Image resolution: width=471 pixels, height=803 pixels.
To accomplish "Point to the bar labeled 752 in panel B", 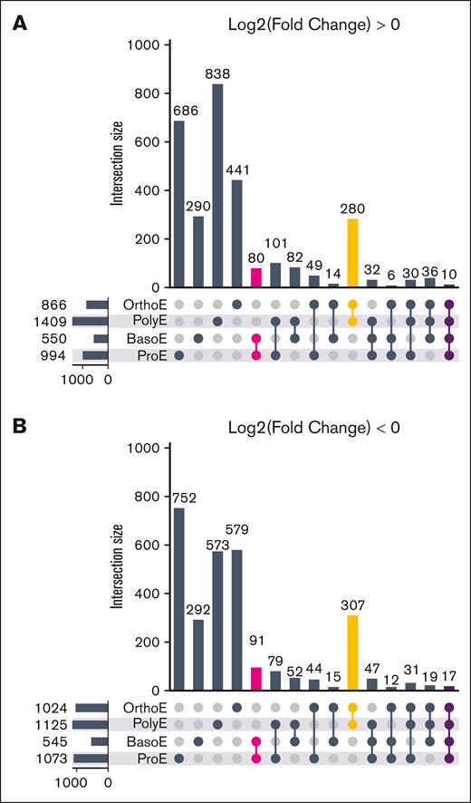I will click(x=178, y=599).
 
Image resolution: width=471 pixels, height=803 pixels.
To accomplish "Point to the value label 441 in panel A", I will click(x=237, y=170).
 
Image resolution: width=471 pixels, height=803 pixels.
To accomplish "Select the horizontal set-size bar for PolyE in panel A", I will click(x=91, y=321).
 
